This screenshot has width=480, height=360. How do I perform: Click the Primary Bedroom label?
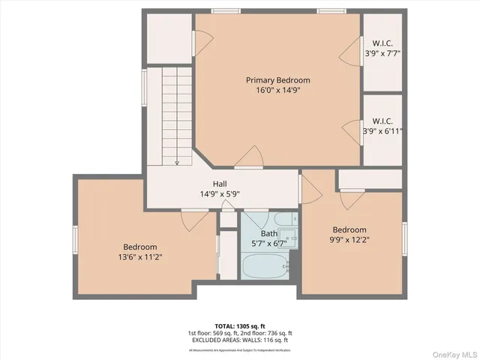pyautogui.click(x=277, y=80)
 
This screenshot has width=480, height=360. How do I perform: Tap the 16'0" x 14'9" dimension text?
pyautogui.click(x=277, y=90)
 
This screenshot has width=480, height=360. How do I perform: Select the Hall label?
pyautogui.click(x=220, y=184)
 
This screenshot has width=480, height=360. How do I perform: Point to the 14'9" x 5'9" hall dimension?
pyautogui.click(x=220, y=193)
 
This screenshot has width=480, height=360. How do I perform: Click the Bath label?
pyautogui.click(x=268, y=233)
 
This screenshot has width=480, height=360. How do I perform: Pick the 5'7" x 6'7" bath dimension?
pyautogui.click(x=268, y=243)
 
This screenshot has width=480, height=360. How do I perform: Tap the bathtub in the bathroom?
pyautogui.click(x=265, y=265)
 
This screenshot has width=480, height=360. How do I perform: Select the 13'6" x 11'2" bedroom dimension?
pyautogui.click(x=140, y=257)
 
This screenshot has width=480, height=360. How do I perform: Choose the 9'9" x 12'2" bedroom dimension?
pyautogui.click(x=349, y=240)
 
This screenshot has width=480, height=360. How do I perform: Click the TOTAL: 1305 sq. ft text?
pyautogui.click(x=240, y=325)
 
